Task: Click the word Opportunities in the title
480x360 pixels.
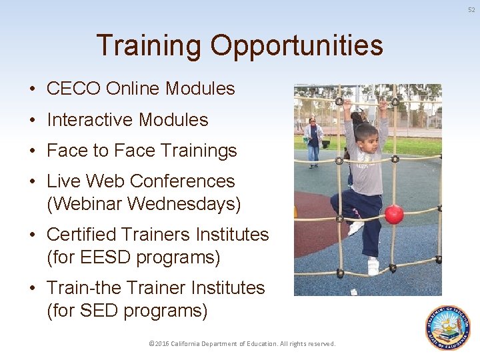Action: [297, 46]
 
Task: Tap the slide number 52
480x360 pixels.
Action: [471, 9]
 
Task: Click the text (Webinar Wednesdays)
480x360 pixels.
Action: [143, 204]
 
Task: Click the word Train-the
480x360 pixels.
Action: [84, 288]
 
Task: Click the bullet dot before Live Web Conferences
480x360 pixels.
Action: [32, 181]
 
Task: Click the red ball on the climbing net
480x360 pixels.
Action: [394, 214]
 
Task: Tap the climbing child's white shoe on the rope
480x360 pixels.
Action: [373, 265]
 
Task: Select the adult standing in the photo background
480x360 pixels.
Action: [313, 139]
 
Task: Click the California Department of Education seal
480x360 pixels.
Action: [447, 328]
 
